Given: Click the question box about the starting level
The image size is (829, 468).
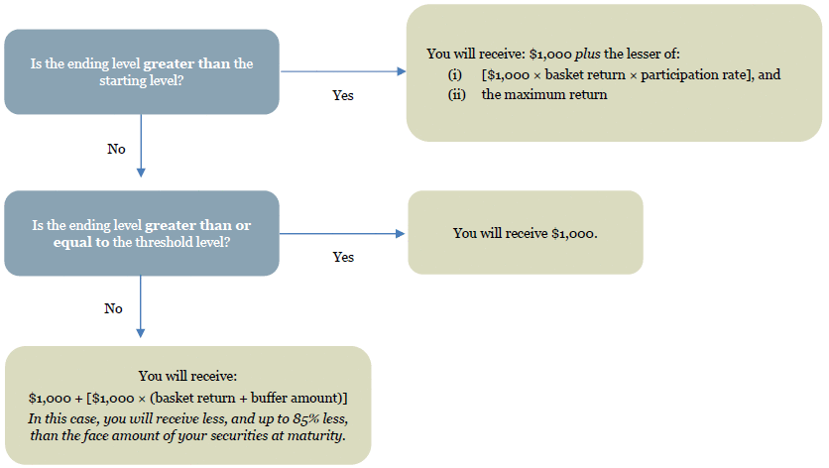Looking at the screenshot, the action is [x=142, y=72].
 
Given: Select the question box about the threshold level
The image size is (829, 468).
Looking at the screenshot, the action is [x=142, y=233].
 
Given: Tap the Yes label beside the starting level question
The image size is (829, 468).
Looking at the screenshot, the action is [x=343, y=95].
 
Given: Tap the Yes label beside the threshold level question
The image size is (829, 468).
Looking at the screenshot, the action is [x=343, y=257].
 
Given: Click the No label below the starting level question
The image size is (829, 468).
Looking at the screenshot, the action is [x=116, y=149].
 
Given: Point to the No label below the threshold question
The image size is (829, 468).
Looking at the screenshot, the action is [x=113, y=308].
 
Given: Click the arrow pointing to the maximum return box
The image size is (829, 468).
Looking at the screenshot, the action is [x=343, y=71].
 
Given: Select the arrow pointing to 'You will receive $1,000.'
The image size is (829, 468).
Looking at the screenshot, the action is [x=342, y=233].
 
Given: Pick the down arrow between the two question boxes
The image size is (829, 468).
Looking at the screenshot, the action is [x=141, y=146].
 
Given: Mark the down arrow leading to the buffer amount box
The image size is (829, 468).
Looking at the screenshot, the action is [x=141, y=306].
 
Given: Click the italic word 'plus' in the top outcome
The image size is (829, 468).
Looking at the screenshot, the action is [x=587, y=54].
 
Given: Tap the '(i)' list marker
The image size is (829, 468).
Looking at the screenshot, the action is [x=455, y=75].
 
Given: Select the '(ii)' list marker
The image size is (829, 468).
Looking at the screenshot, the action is [x=457, y=94].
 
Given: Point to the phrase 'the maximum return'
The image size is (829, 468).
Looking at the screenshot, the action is [x=544, y=94].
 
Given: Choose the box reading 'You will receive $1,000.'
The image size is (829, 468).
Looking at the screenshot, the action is [x=526, y=233].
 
